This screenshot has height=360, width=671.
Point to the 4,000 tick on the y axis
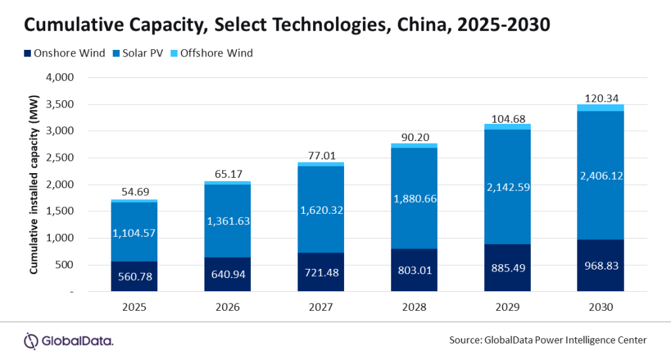[60, 77]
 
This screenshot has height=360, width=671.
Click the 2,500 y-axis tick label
[60, 158]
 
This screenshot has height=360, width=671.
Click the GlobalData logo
[69, 340]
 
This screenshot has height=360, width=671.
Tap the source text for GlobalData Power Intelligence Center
[548, 340]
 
